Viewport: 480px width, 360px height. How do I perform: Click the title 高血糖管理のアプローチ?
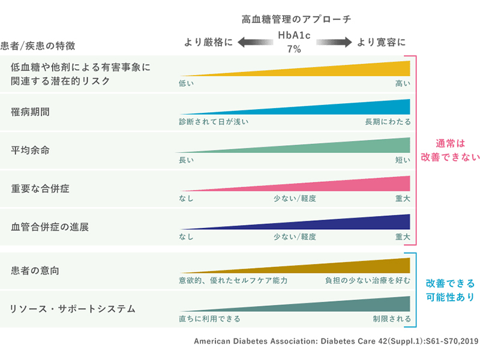click(x=296, y=19)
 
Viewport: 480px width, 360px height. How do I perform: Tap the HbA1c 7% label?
click(x=293, y=43)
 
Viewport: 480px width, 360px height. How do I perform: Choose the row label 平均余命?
click(x=31, y=150)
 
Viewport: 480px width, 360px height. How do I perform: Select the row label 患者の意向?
click(x=35, y=271)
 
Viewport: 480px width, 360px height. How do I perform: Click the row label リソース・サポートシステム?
click(x=73, y=309)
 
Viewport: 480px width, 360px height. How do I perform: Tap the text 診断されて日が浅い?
click(x=214, y=122)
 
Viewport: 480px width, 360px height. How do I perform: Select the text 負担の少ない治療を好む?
click(x=368, y=280)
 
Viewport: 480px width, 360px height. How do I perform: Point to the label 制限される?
click(x=392, y=319)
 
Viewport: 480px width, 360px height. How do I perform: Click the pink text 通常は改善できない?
click(x=451, y=151)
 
